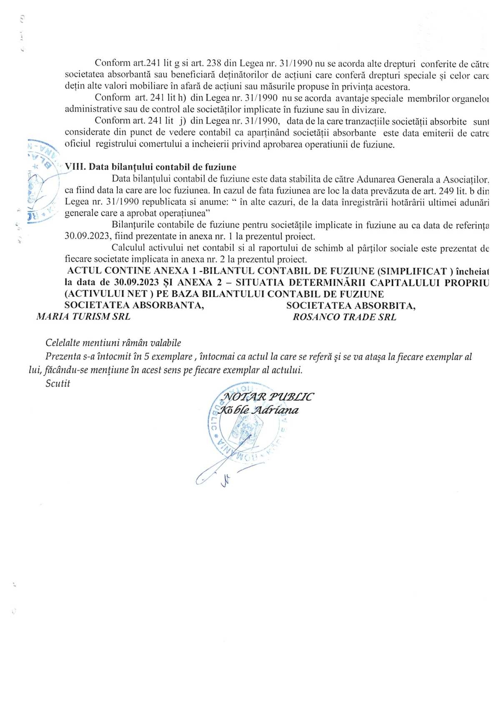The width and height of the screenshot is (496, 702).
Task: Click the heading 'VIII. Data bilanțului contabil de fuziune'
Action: point(150,167)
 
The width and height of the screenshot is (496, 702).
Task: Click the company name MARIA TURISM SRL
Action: point(83,317)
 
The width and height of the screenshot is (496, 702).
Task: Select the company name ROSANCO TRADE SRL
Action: point(344,317)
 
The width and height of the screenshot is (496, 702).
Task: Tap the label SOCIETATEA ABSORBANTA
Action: point(134,305)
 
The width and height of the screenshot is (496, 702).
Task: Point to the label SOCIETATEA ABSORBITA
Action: point(351,306)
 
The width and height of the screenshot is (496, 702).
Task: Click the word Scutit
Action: point(58,383)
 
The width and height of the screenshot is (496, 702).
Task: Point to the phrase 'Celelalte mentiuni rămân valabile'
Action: point(113,343)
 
